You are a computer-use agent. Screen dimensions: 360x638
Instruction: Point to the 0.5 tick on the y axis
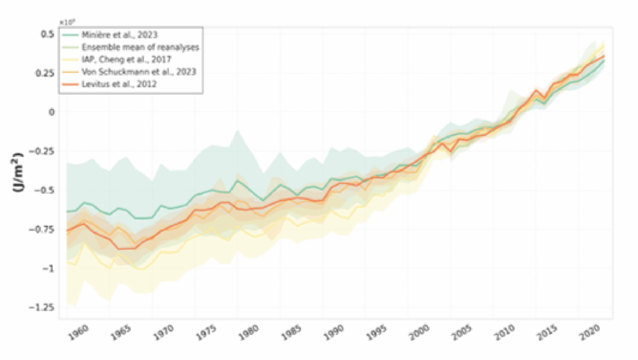coord(48,34)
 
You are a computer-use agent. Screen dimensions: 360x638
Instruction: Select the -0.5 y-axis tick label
coord(45,190)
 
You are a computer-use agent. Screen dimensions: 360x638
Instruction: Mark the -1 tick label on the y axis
coord(50,268)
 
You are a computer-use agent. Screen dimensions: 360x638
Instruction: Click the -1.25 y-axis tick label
coord(44,307)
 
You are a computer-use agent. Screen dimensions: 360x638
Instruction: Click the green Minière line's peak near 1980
coord(237,181)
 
